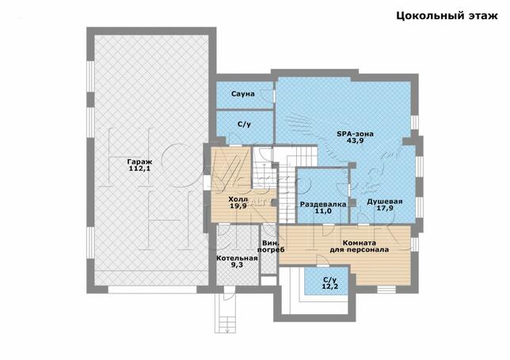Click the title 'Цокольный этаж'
(x=447, y=16)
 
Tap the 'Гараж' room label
(x=139, y=161)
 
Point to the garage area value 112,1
(x=139, y=169)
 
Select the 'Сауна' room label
(x=243, y=94)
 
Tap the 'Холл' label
(x=238, y=199)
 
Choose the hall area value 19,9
(x=238, y=206)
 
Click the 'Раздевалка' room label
(x=323, y=204)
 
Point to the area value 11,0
(x=323, y=211)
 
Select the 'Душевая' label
(x=385, y=202)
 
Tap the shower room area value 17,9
(x=385, y=208)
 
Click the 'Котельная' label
(x=237, y=258)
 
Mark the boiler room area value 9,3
(x=237, y=265)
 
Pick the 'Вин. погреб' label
(x=271, y=246)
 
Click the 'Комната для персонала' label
(x=360, y=246)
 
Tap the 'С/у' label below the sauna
(x=244, y=124)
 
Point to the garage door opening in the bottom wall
(x=152, y=290)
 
